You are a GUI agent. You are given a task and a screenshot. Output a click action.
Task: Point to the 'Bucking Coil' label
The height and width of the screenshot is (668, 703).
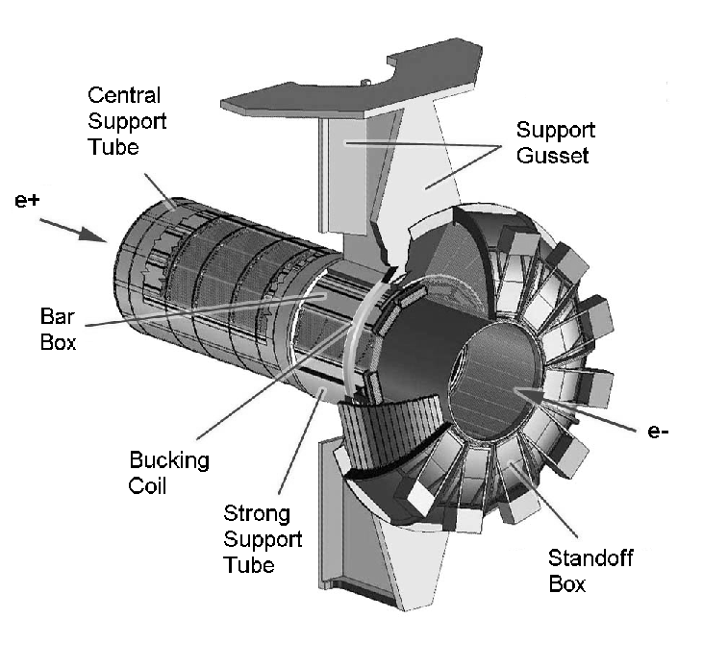[168, 472]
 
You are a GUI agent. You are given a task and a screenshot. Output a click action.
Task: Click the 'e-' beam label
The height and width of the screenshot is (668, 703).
[660, 432]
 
